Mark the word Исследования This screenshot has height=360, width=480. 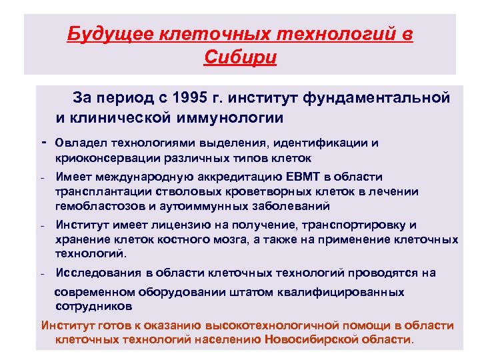click(x=99, y=272)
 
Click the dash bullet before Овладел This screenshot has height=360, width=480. click(x=43, y=143)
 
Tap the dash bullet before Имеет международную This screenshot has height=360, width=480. click(x=42, y=177)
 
